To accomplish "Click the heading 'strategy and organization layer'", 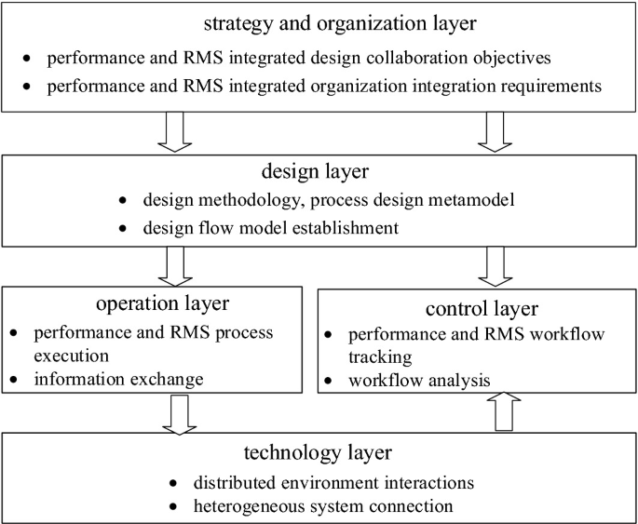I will (319, 21).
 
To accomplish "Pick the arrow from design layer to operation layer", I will (174, 264).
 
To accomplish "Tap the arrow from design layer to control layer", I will (495, 264).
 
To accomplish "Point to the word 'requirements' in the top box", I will (559, 87).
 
